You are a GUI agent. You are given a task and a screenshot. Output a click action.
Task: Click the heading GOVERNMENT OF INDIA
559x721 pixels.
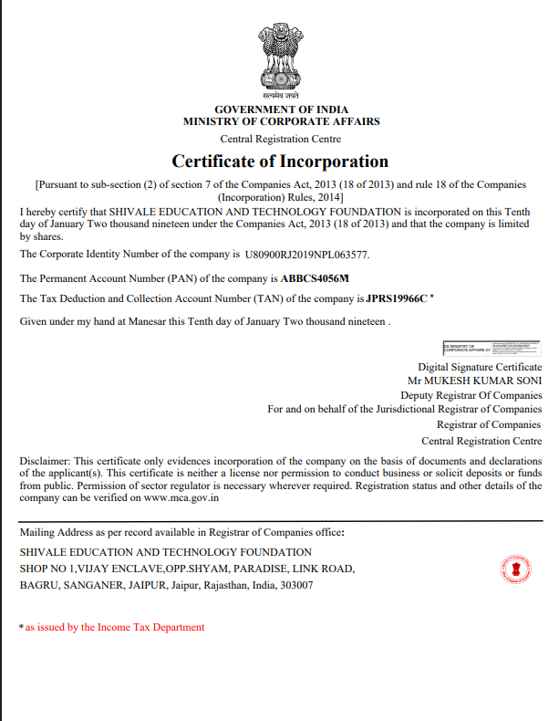pos(281,110)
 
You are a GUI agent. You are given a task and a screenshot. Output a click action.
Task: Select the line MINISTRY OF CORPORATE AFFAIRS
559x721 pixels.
pos(281,121)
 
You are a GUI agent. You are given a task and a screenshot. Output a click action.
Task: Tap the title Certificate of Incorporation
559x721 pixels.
pos(281,162)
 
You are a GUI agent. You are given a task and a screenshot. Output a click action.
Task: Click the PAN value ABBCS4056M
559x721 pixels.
pos(316,277)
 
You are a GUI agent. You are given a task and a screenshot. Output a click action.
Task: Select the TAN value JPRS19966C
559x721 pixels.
pos(397,298)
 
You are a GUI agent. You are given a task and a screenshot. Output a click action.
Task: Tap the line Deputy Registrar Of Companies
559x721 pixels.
pos(471,395)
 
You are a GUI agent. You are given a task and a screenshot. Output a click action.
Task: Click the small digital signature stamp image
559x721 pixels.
pos(492,348)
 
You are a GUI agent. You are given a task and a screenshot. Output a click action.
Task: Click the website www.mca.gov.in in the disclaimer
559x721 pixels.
pos(181,498)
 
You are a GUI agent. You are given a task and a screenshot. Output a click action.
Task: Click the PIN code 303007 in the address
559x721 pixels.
pos(296,585)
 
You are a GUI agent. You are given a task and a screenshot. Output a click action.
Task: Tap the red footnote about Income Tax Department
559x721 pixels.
pos(114,627)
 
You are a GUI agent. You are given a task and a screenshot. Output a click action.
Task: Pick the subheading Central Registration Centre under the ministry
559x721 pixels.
pos(281,139)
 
